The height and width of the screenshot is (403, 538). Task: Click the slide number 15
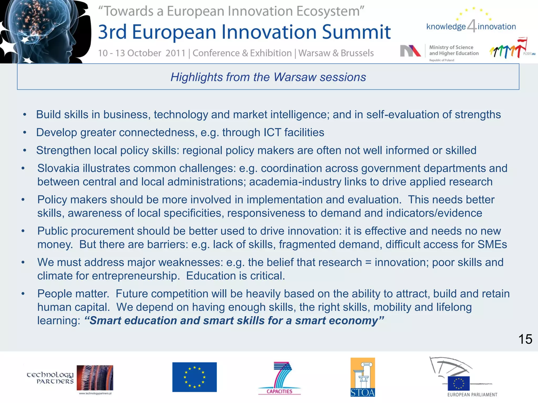(525, 339)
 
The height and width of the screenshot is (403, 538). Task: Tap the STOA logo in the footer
(363, 377)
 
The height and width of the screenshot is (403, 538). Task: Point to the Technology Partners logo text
(50, 378)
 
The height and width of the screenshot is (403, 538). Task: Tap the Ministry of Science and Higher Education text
(454, 50)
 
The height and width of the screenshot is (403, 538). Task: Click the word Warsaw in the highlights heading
(295, 77)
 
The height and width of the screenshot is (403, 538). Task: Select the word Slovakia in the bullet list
(58, 168)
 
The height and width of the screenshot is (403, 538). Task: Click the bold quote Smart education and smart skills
(234, 321)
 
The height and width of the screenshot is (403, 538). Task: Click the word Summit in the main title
(356, 32)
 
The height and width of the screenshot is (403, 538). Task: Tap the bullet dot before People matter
(23, 294)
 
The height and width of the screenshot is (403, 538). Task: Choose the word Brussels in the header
(357, 53)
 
